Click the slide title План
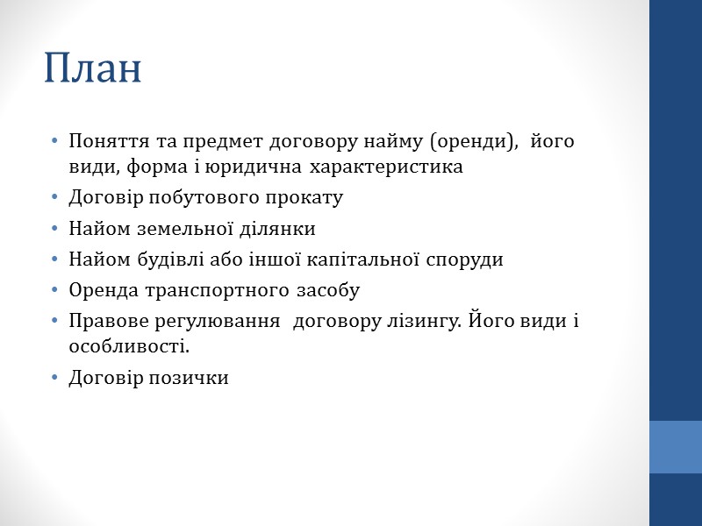point(93,69)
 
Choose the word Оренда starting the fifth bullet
point(100,290)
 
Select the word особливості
point(128,346)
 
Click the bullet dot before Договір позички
point(55,378)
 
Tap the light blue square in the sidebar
point(676,447)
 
